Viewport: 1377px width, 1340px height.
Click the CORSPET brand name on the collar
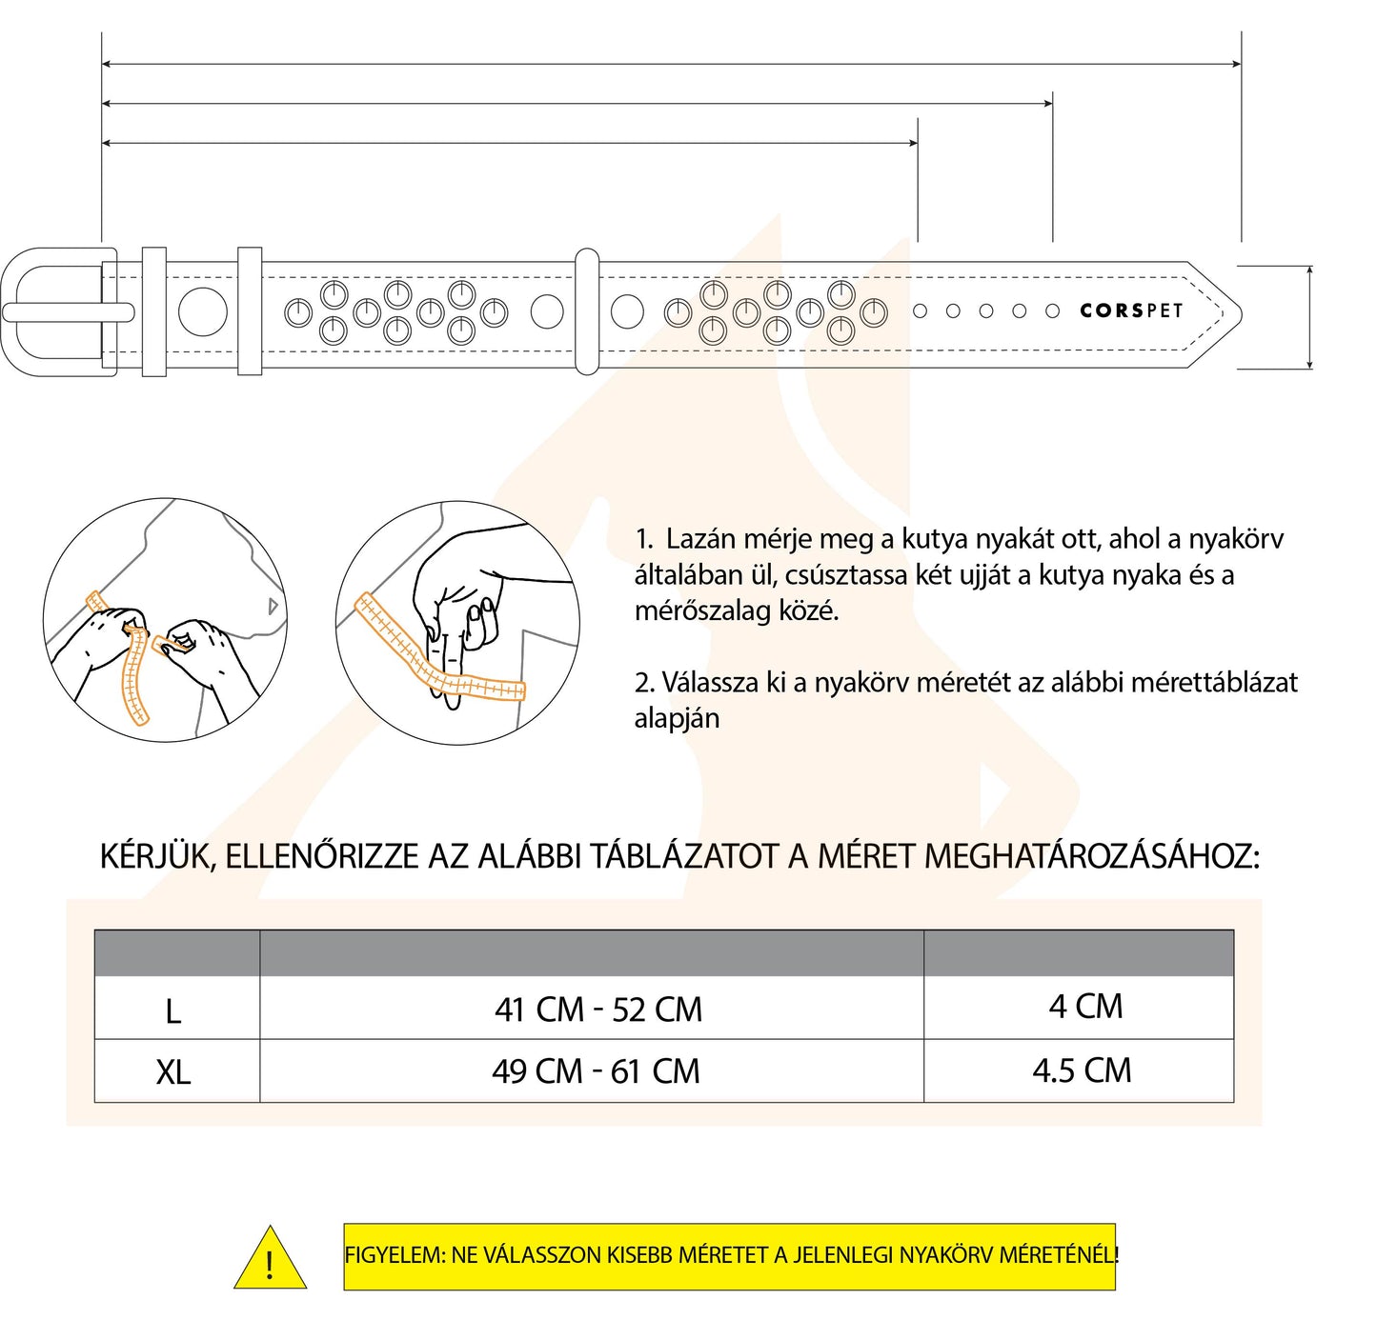[1130, 311]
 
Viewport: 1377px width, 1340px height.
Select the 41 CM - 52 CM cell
[597, 1010]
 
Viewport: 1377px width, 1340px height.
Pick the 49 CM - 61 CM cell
[596, 1071]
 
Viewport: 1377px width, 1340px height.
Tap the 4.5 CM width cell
[1082, 1070]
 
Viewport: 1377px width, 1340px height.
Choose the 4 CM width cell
[1085, 1007]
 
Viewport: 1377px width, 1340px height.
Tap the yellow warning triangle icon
[271, 1260]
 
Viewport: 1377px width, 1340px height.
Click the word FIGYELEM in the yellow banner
[394, 1255]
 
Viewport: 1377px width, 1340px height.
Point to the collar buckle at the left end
[57, 311]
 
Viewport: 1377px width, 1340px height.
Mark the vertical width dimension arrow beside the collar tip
[1310, 317]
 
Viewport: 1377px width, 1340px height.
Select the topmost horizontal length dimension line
[671, 64]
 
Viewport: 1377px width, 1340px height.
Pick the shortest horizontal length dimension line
[509, 143]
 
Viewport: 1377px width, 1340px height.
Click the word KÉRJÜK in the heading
[158, 856]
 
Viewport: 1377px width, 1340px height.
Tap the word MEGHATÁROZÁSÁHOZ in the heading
[1092, 856]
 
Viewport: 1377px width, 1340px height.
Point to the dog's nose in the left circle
[273, 606]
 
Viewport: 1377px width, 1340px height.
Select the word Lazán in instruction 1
[700, 539]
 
